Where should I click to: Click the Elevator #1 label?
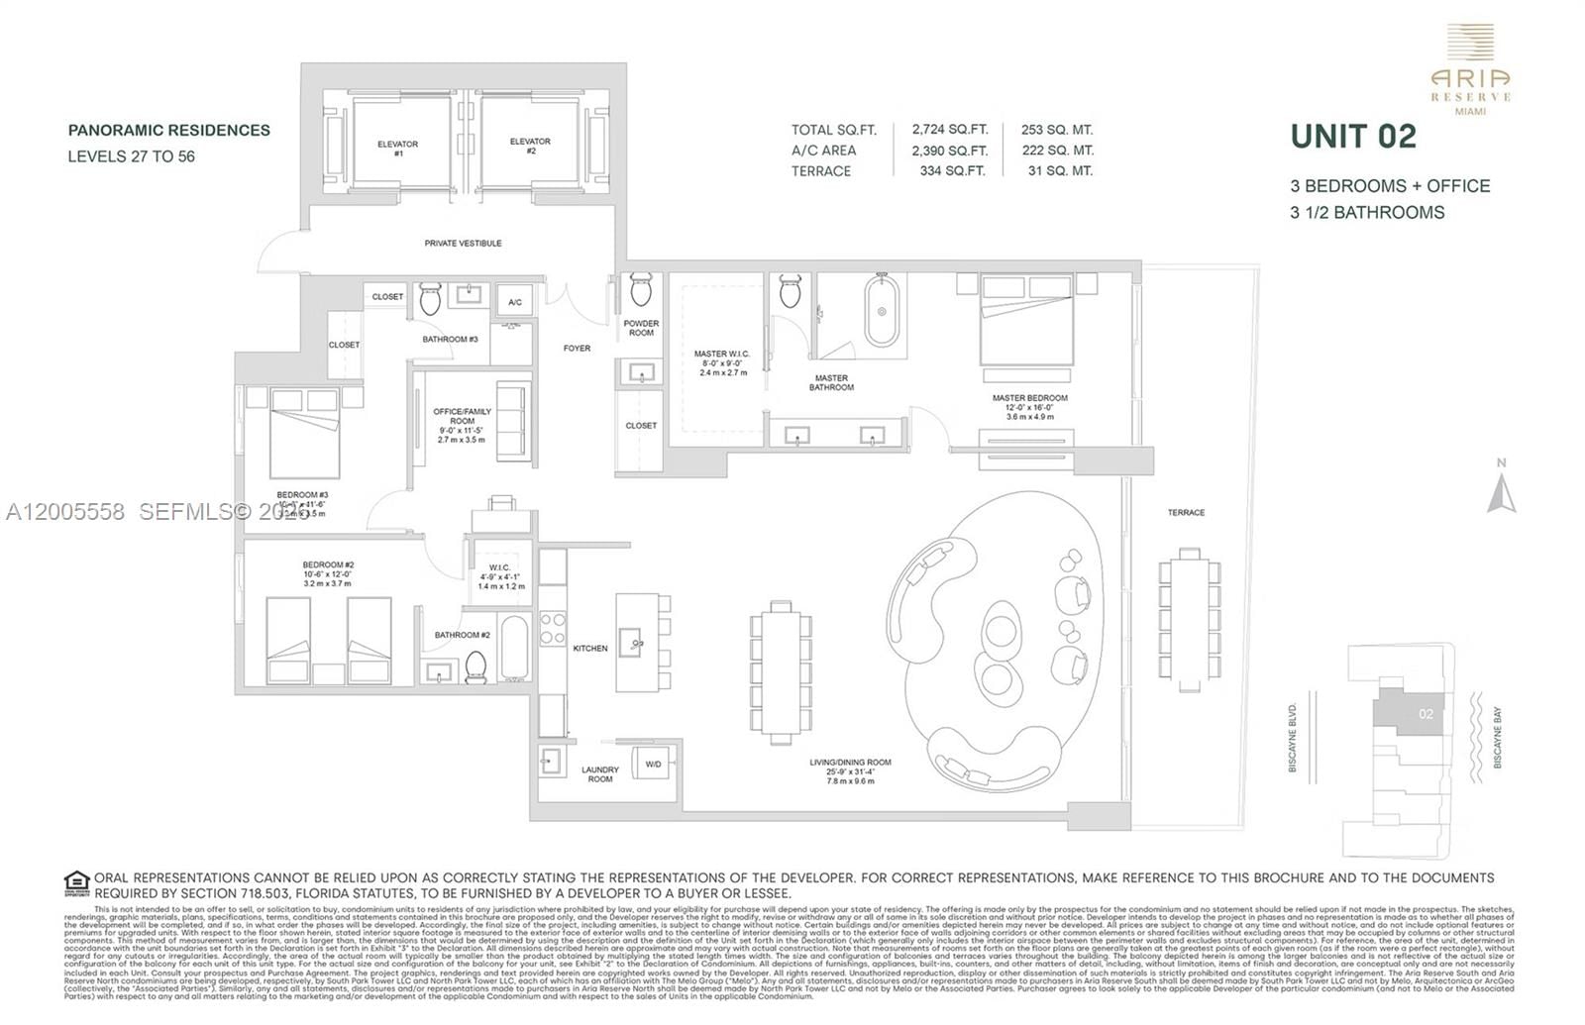397,149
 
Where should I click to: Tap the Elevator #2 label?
530,146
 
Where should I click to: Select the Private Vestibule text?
463,243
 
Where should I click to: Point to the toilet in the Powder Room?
640,291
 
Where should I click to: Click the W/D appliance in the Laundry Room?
654,764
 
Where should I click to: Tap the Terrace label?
1186,512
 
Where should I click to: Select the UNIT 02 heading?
1353,137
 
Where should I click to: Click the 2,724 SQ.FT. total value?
949,130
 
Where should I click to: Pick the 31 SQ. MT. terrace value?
1060,171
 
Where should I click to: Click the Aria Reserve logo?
1470,69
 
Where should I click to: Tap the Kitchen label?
590,648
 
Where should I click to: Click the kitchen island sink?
633,643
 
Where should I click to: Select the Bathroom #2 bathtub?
514,649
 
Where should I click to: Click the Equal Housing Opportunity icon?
76,882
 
